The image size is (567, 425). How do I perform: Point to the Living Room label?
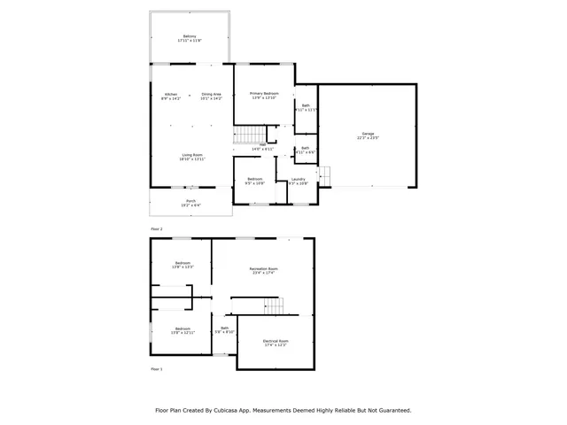point(192,157)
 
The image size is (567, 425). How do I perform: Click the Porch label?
point(190,203)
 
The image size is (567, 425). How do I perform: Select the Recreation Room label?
point(264,270)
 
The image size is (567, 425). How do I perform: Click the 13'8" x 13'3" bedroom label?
point(183,265)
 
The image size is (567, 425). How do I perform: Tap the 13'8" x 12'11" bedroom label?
point(183,330)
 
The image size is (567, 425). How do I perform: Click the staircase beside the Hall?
point(245,135)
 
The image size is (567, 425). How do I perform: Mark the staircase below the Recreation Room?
point(273,305)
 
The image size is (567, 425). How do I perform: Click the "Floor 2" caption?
point(156,229)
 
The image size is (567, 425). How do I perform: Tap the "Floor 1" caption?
point(156,368)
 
